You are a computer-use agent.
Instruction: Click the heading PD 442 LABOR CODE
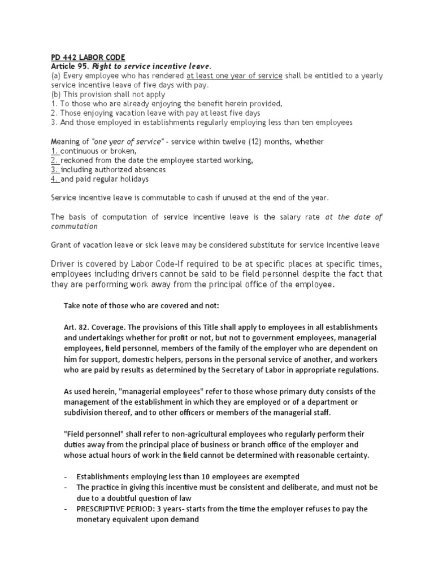85,58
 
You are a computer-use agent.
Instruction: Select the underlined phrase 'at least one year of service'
234,76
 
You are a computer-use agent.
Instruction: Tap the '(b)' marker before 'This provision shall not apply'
55,94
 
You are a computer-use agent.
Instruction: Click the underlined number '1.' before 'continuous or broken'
55,151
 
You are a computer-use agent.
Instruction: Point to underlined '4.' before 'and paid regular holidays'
55,179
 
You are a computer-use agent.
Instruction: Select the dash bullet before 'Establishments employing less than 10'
66,476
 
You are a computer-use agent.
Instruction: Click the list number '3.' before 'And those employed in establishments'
54,122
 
